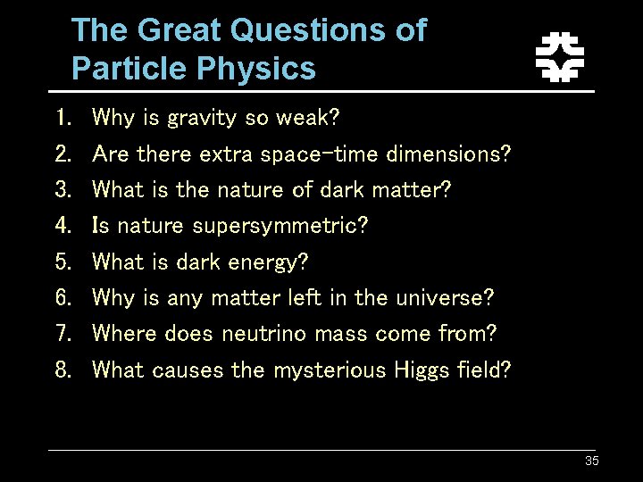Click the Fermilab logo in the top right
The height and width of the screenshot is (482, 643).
(x=559, y=56)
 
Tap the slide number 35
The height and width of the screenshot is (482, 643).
(x=591, y=461)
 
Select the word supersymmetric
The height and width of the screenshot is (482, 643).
(x=280, y=226)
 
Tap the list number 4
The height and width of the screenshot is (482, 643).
(x=63, y=226)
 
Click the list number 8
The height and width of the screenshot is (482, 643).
(x=63, y=370)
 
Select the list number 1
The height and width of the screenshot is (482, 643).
(x=63, y=118)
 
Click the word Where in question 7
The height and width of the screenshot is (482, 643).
(x=125, y=334)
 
